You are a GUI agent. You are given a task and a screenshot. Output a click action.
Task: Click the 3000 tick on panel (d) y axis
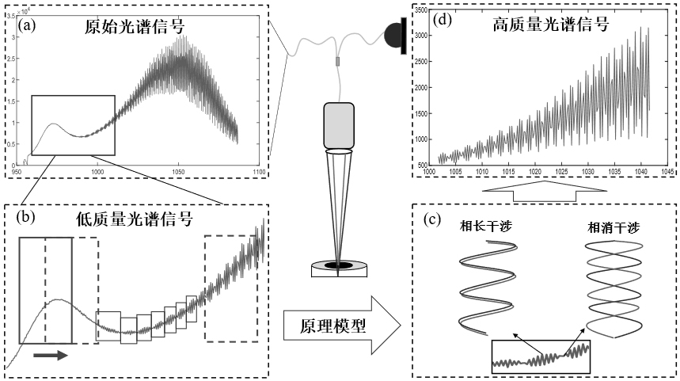click(x=424, y=36)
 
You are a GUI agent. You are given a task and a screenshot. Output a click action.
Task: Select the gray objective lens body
click(x=339, y=124)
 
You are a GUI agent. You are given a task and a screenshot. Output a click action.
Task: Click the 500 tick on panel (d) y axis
click(x=425, y=163)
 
